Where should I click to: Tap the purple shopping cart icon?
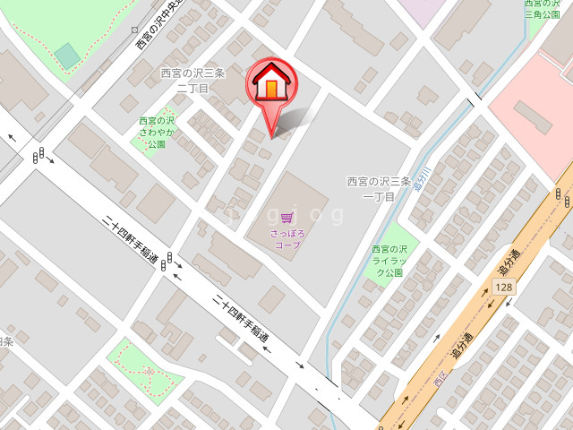pyautogui.click(x=286, y=217)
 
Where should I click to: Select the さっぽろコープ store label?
pyautogui.click(x=287, y=238)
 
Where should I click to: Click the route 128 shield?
pyautogui.click(x=503, y=287)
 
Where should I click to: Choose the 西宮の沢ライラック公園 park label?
pyautogui.click(x=389, y=261)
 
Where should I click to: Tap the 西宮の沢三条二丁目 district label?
pyautogui.click(x=192, y=81)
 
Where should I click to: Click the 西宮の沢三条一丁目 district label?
pyautogui.click(x=379, y=188)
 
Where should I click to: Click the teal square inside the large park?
pyautogui.click(x=66, y=56)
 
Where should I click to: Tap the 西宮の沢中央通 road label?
pyautogui.click(x=159, y=23)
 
